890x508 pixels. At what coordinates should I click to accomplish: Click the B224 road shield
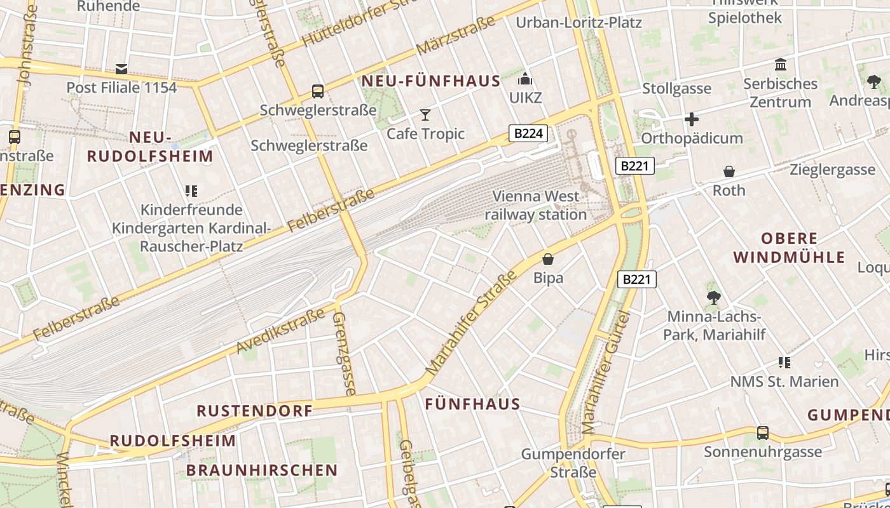[528, 133]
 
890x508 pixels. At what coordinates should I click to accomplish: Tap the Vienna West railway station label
[536, 205]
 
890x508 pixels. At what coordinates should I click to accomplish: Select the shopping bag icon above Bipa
[548, 259]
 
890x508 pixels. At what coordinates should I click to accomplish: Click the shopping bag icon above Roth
[729, 171]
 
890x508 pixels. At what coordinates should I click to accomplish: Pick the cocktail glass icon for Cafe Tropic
[425, 115]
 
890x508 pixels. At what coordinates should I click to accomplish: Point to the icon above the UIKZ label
[525, 79]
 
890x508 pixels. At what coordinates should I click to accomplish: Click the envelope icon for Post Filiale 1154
[121, 69]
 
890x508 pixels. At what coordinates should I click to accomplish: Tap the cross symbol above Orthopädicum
[692, 119]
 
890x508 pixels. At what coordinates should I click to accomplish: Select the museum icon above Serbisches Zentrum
[781, 65]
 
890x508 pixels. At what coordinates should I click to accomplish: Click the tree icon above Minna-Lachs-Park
[713, 297]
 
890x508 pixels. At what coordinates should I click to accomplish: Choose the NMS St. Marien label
[784, 382]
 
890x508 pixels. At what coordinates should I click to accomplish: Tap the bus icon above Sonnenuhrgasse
[763, 433]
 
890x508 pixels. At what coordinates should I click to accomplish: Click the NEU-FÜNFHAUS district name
[431, 81]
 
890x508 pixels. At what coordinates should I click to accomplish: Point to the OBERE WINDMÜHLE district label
[789, 248]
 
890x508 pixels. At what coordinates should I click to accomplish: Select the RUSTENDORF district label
[255, 411]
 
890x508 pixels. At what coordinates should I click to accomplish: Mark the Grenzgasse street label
[343, 353]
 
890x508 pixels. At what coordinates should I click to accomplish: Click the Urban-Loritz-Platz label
[578, 23]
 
